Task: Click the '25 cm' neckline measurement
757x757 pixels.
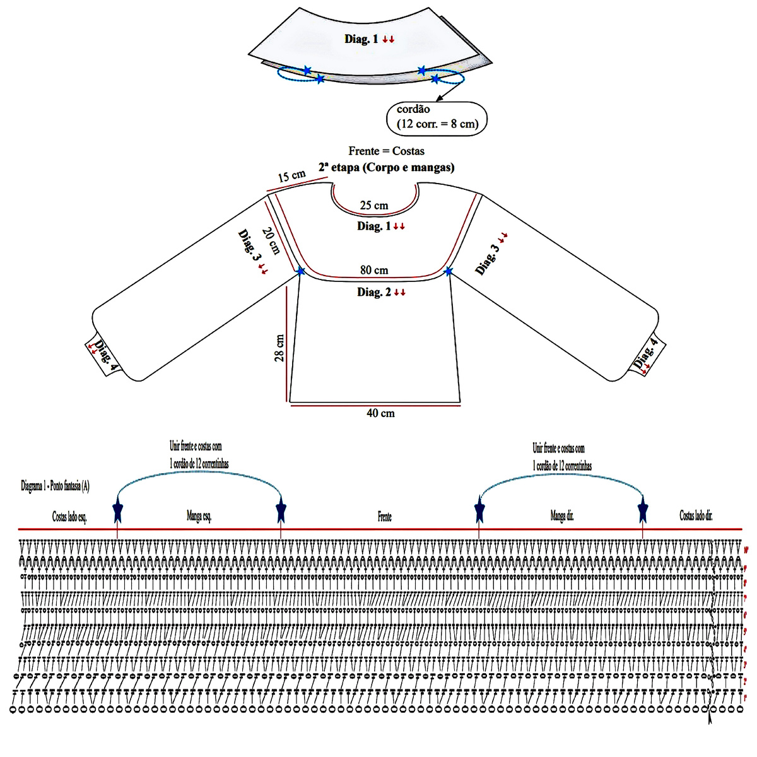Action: click(x=374, y=206)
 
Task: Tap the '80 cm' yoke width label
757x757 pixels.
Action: click(x=374, y=270)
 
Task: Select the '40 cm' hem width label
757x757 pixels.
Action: click(x=380, y=413)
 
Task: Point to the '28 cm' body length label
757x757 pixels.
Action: click(x=279, y=348)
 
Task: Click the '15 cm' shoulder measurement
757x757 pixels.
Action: click(x=291, y=176)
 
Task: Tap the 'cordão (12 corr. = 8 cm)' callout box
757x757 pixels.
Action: click(x=437, y=117)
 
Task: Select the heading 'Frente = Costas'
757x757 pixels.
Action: click(x=386, y=151)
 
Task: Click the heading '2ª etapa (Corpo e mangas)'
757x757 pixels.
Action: click(x=386, y=167)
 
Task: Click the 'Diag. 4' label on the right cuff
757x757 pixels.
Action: click(x=646, y=354)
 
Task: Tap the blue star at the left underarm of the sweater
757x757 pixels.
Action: click(x=300, y=271)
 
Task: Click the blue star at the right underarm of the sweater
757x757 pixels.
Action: click(x=448, y=271)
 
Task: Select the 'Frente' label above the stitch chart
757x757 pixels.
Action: click(x=385, y=517)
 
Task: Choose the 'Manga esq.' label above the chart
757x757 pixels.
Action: click(x=199, y=517)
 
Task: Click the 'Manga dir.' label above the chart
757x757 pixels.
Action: click(x=562, y=516)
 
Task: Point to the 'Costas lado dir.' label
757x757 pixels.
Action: click(x=696, y=515)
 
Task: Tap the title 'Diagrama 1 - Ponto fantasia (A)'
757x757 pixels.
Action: click(x=56, y=486)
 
